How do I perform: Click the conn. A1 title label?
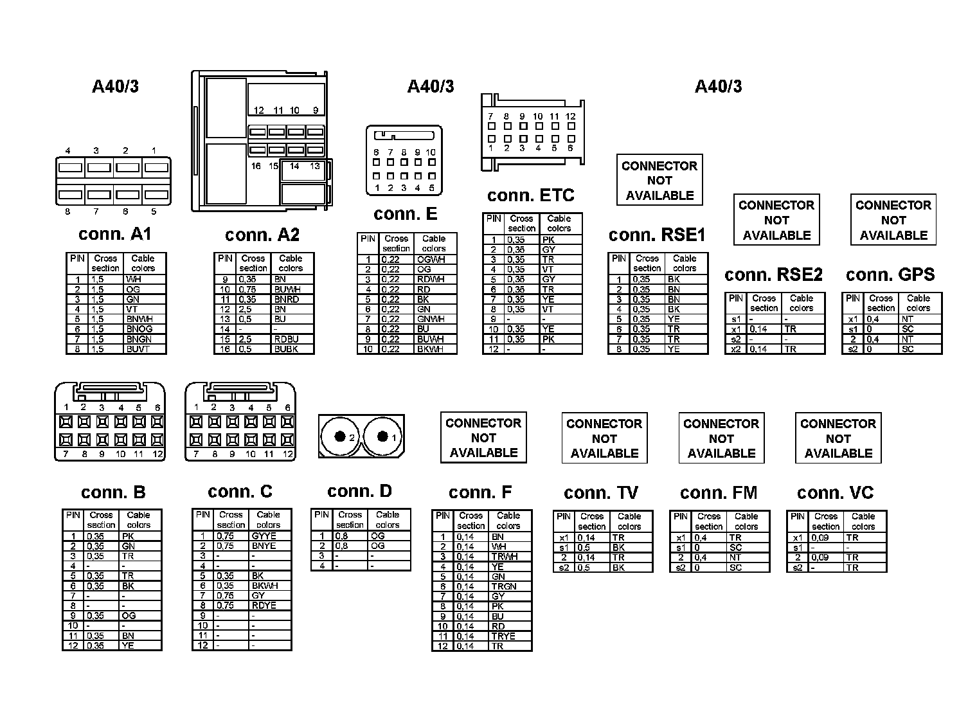[115, 234]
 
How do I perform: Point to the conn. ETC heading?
[530, 195]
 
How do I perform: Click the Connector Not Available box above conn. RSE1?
[659, 180]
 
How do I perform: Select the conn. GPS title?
[890, 275]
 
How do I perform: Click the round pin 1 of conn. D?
[383, 437]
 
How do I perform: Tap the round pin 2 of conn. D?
[340, 437]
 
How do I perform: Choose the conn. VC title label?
[835, 493]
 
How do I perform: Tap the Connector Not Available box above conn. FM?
[721, 438]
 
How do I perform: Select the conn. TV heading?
[600, 493]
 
